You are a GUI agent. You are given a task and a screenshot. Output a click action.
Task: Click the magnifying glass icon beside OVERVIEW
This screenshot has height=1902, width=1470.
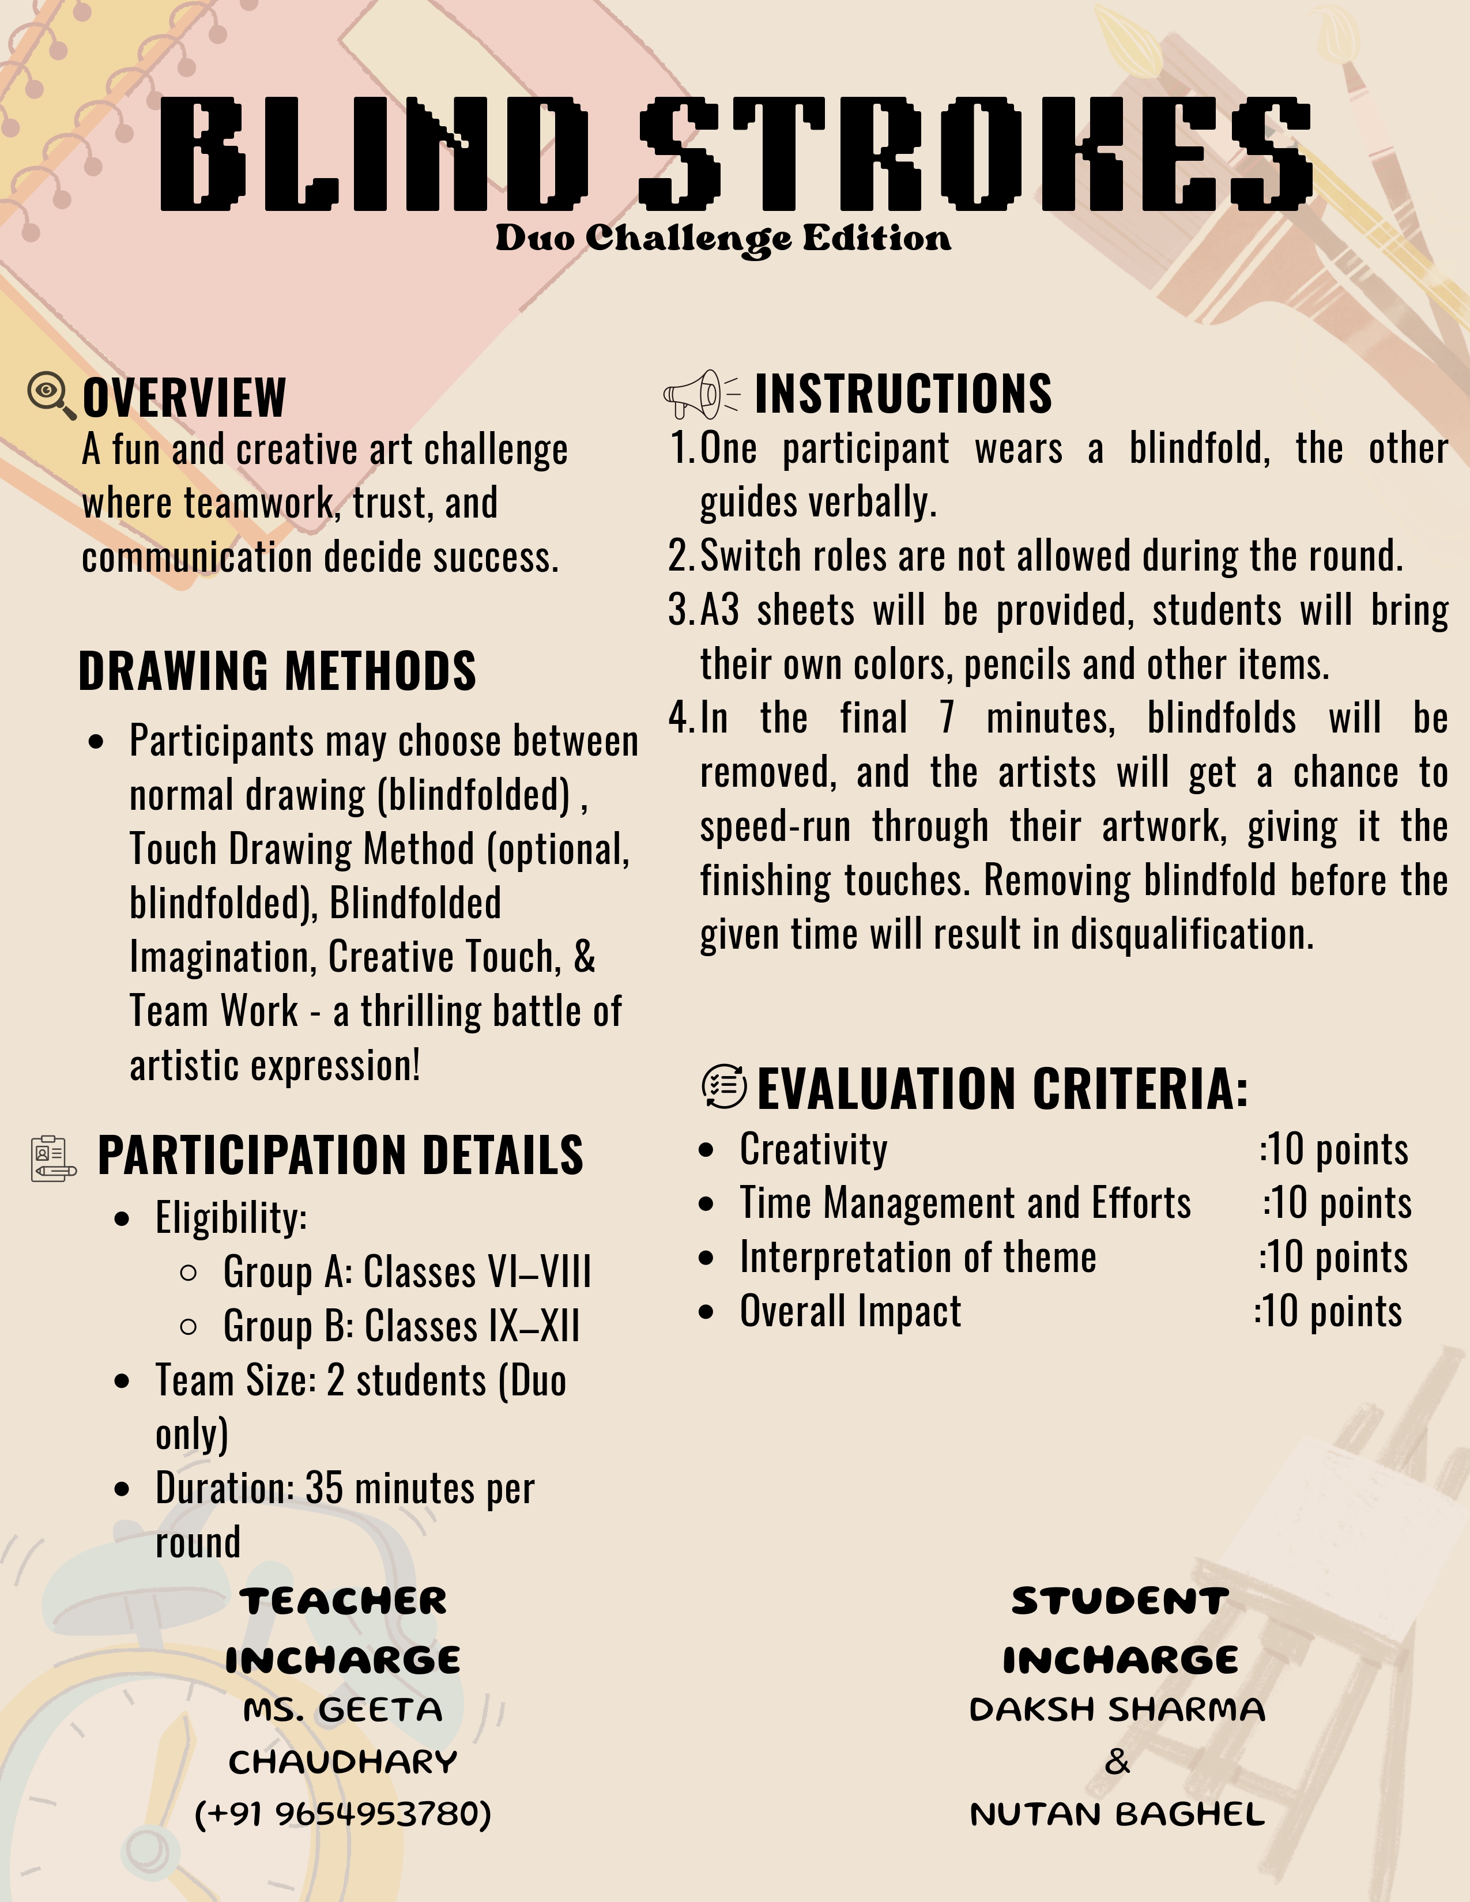pyautogui.click(x=51, y=394)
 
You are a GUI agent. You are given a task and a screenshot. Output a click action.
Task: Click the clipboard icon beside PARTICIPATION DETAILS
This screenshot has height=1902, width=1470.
pyautogui.click(x=52, y=1158)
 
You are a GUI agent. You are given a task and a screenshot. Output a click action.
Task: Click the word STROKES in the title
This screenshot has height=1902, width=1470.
pyautogui.click(x=975, y=154)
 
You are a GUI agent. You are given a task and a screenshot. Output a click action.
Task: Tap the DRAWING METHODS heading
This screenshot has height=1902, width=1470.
pyautogui.click(x=277, y=670)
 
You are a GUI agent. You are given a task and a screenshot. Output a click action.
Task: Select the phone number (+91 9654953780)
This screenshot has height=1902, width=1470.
pyautogui.click(x=343, y=1814)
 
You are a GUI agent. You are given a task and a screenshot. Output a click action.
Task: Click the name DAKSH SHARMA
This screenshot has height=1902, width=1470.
pyautogui.click(x=1117, y=1709)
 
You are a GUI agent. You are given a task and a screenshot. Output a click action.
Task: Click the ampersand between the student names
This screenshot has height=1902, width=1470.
pyautogui.click(x=1117, y=1763)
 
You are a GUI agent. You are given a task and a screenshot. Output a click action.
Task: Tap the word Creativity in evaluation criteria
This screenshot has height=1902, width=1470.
pyautogui.click(x=813, y=1150)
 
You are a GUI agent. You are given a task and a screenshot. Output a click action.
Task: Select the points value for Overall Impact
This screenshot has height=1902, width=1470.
pyautogui.click(x=1329, y=1311)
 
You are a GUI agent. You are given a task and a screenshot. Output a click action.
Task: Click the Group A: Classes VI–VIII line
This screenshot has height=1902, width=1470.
pyautogui.click(x=406, y=1271)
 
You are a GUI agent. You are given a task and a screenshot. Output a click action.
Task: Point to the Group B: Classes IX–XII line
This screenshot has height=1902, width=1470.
pyautogui.click(x=401, y=1326)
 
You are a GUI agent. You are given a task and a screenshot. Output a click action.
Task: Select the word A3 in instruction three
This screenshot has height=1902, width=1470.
pyautogui.click(x=719, y=610)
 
